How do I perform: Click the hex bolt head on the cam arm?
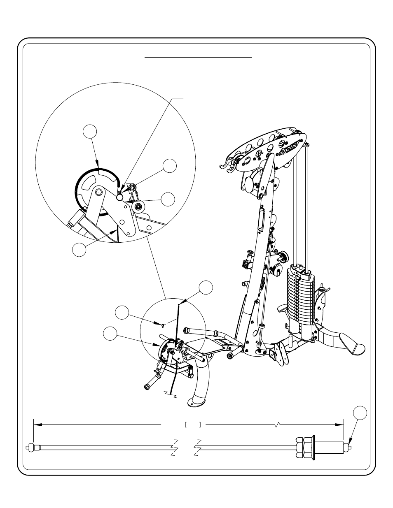[99, 192]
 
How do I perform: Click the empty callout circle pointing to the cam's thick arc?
[90, 132]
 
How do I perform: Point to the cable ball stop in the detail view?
[120, 197]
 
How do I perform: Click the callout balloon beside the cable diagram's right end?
[360, 413]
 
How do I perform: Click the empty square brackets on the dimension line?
[193, 424]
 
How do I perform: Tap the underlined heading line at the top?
[198, 58]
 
